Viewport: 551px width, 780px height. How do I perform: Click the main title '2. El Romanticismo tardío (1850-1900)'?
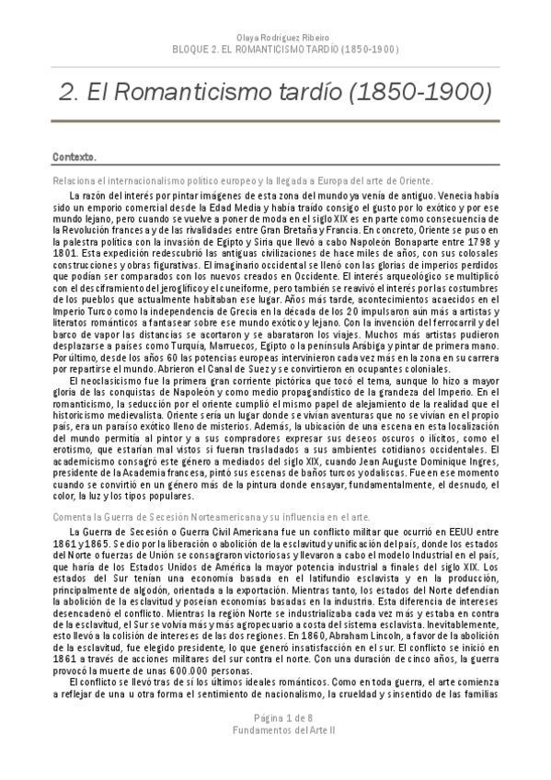coord(275,92)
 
